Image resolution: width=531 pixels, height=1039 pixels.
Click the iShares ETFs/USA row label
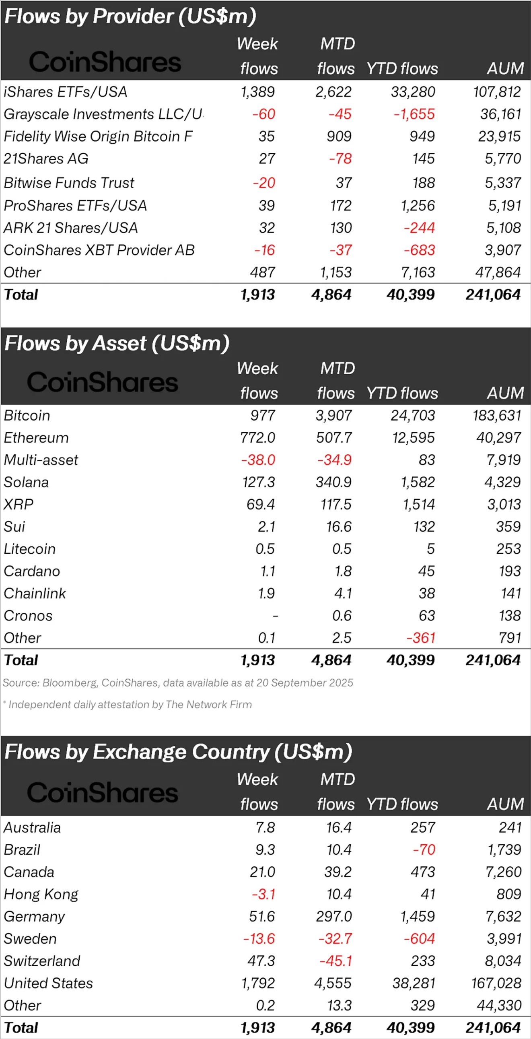[65, 92]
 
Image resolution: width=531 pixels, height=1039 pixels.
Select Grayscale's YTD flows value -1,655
[414, 114]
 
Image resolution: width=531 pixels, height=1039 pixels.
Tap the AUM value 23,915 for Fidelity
[499, 136]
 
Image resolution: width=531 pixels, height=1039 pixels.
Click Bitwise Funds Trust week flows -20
[263, 183]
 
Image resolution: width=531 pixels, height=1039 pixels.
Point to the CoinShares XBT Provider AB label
[99, 250]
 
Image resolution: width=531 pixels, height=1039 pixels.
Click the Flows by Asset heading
[117, 343]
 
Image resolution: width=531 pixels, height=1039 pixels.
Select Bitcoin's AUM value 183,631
[497, 415]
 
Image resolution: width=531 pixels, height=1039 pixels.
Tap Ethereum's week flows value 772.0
[257, 438]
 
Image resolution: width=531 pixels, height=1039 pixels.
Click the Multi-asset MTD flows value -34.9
[334, 460]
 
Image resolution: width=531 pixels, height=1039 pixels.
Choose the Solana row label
[26, 482]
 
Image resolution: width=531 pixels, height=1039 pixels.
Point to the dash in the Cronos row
[276, 616]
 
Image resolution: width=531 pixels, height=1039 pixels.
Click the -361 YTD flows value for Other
[420, 638]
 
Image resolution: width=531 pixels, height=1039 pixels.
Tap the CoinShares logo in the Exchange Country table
[103, 792]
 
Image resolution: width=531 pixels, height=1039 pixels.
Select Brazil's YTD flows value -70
[424, 850]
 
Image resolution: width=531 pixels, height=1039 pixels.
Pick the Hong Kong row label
[41, 894]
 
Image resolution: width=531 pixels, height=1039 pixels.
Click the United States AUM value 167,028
[496, 983]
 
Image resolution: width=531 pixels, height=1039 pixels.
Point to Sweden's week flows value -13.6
[259, 938]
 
